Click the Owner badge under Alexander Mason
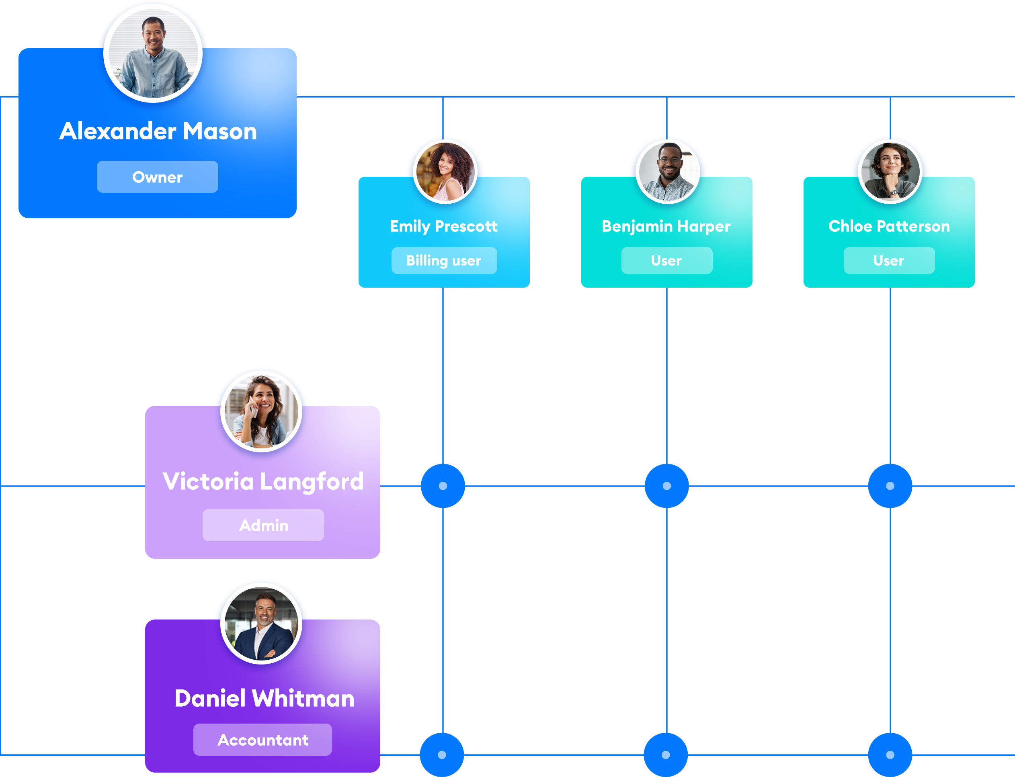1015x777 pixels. tap(157, 177)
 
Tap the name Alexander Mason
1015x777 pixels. tap(158, 131)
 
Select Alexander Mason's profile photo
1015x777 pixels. tap(153, 53)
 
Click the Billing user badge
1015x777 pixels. tap(444, 260)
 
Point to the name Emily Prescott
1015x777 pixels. tap(444, 226)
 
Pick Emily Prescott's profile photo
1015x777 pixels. tap(445, 172)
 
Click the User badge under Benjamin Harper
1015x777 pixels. tap(666, 260)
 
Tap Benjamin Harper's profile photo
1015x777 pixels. tap(668, 172)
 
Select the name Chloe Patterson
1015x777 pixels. tap(889, 226)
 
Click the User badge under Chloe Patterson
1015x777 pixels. tap(889, 260)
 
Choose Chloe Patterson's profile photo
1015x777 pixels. tap(890, 172)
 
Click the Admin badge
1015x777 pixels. tap(263, 525)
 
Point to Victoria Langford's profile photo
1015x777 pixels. tap(261, 411)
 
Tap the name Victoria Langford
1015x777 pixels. tap(263, 481)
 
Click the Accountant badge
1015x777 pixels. tap(263, 740)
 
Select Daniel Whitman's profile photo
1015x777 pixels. tap(261, 624)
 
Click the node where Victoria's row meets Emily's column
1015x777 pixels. tap(443, 486)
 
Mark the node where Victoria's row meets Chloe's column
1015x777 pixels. tap(890, 486)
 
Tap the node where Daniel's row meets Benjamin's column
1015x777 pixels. tap(666, 755)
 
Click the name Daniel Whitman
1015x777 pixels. tap(264, 698)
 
